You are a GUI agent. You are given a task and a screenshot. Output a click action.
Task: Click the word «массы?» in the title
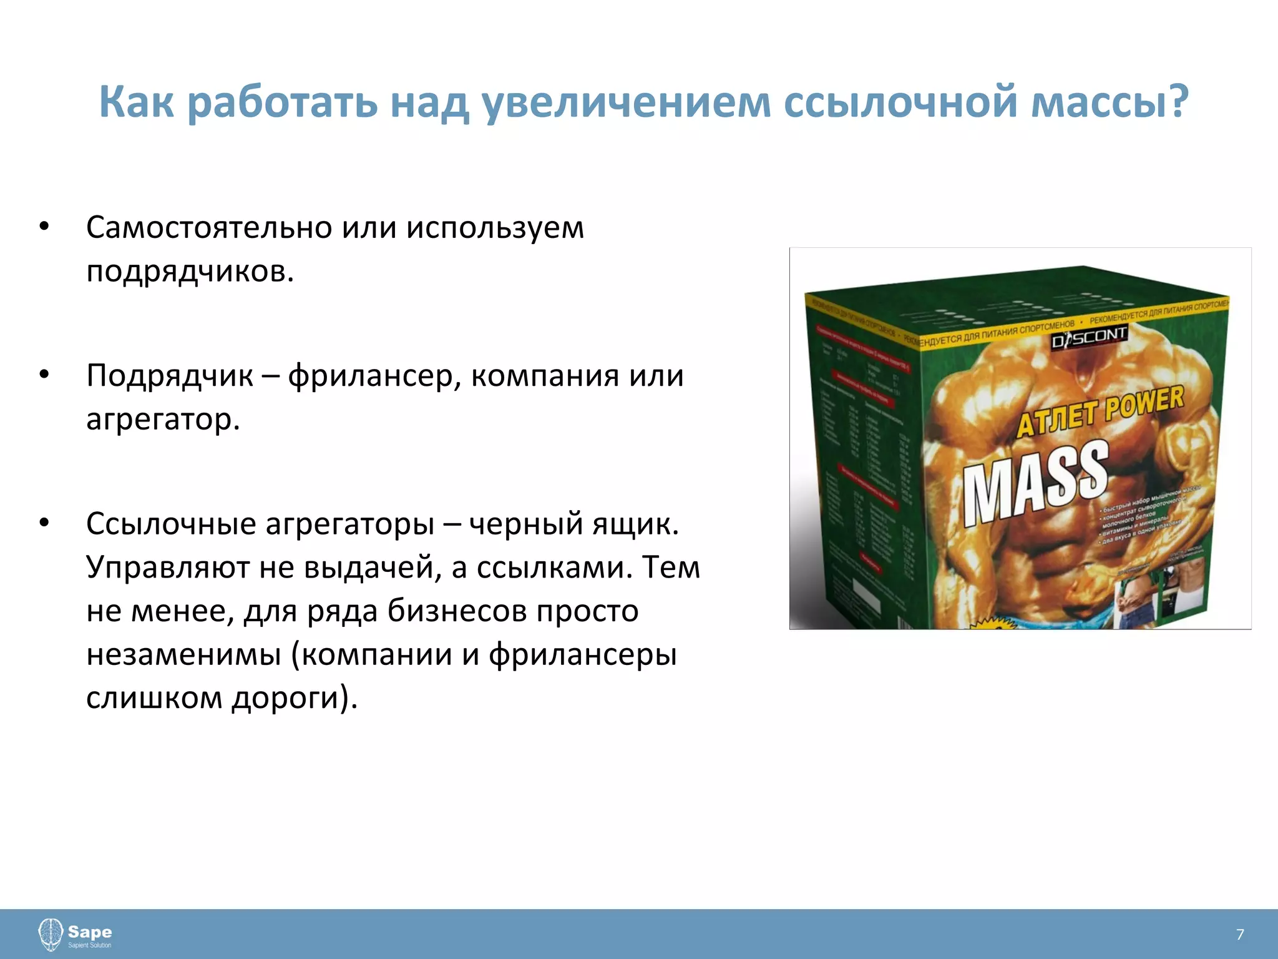pos(1110,102)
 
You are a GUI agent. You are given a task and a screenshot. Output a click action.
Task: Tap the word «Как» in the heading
pos(136,102)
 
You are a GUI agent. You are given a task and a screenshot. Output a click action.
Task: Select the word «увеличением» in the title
pos(626,102)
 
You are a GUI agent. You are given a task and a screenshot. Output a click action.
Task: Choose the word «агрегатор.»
pos(163,420)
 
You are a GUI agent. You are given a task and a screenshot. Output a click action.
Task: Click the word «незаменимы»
pos(183,654)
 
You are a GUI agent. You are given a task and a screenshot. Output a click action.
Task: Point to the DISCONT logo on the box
pos(1089,337)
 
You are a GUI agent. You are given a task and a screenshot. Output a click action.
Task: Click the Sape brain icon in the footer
pos(51,934)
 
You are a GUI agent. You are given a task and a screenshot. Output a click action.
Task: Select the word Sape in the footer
pos(90,932)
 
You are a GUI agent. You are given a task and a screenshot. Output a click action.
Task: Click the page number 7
pos(1240,934)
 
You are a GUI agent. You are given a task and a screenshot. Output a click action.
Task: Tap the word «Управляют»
pos(167,567)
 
